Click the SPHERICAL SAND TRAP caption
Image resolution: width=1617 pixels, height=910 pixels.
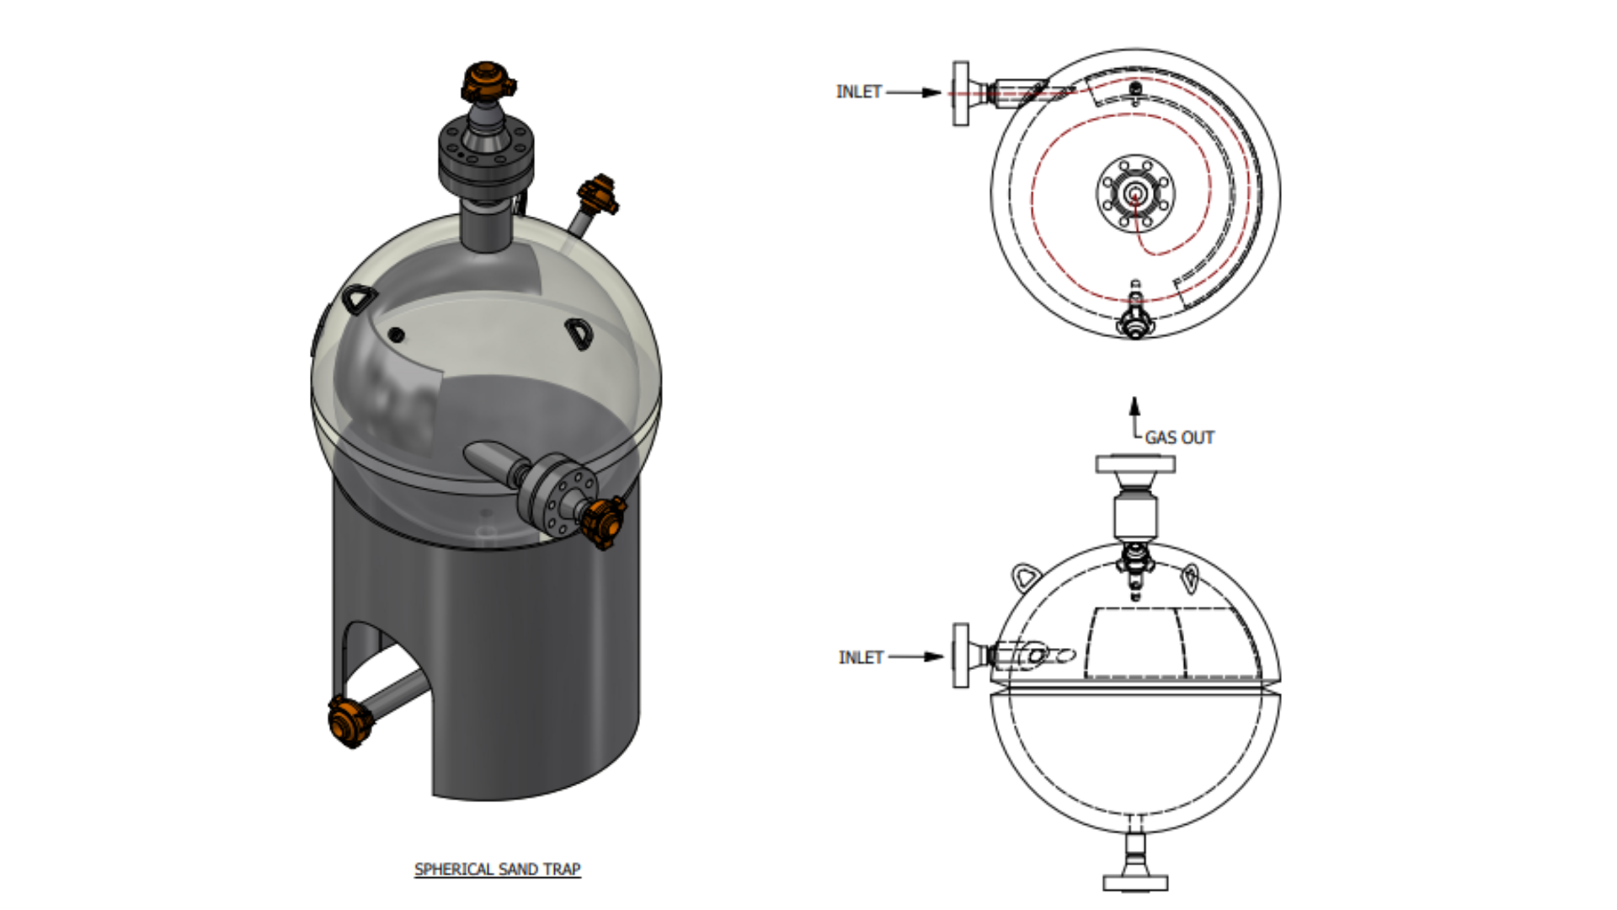coord(497,869)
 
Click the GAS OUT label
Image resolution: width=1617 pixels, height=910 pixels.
coord(1179,437)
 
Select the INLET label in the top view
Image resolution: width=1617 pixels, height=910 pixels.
coord(858,92)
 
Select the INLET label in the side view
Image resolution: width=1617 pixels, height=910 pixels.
coord(861,657)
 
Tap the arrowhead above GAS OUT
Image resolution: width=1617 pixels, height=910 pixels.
coord(1135,406)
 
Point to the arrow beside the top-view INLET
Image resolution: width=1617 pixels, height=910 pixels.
coord(915,92)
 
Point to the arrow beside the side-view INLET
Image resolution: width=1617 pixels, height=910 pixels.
coord(916,657)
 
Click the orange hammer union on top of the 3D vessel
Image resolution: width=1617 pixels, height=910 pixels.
coord(487,81)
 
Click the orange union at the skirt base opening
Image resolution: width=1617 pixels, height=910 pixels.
coord(350,721)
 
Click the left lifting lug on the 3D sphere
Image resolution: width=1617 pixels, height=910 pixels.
coord(360,298)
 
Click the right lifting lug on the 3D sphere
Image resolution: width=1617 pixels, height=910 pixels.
coord(579,332)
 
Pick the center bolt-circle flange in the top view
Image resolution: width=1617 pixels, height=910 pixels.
coord(1135,194)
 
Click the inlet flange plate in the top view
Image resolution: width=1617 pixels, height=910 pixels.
coord(960,94)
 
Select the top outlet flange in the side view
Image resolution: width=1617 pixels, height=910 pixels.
coord(1135,464)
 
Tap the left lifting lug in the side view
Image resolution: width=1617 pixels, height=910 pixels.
coord(1025,578)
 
